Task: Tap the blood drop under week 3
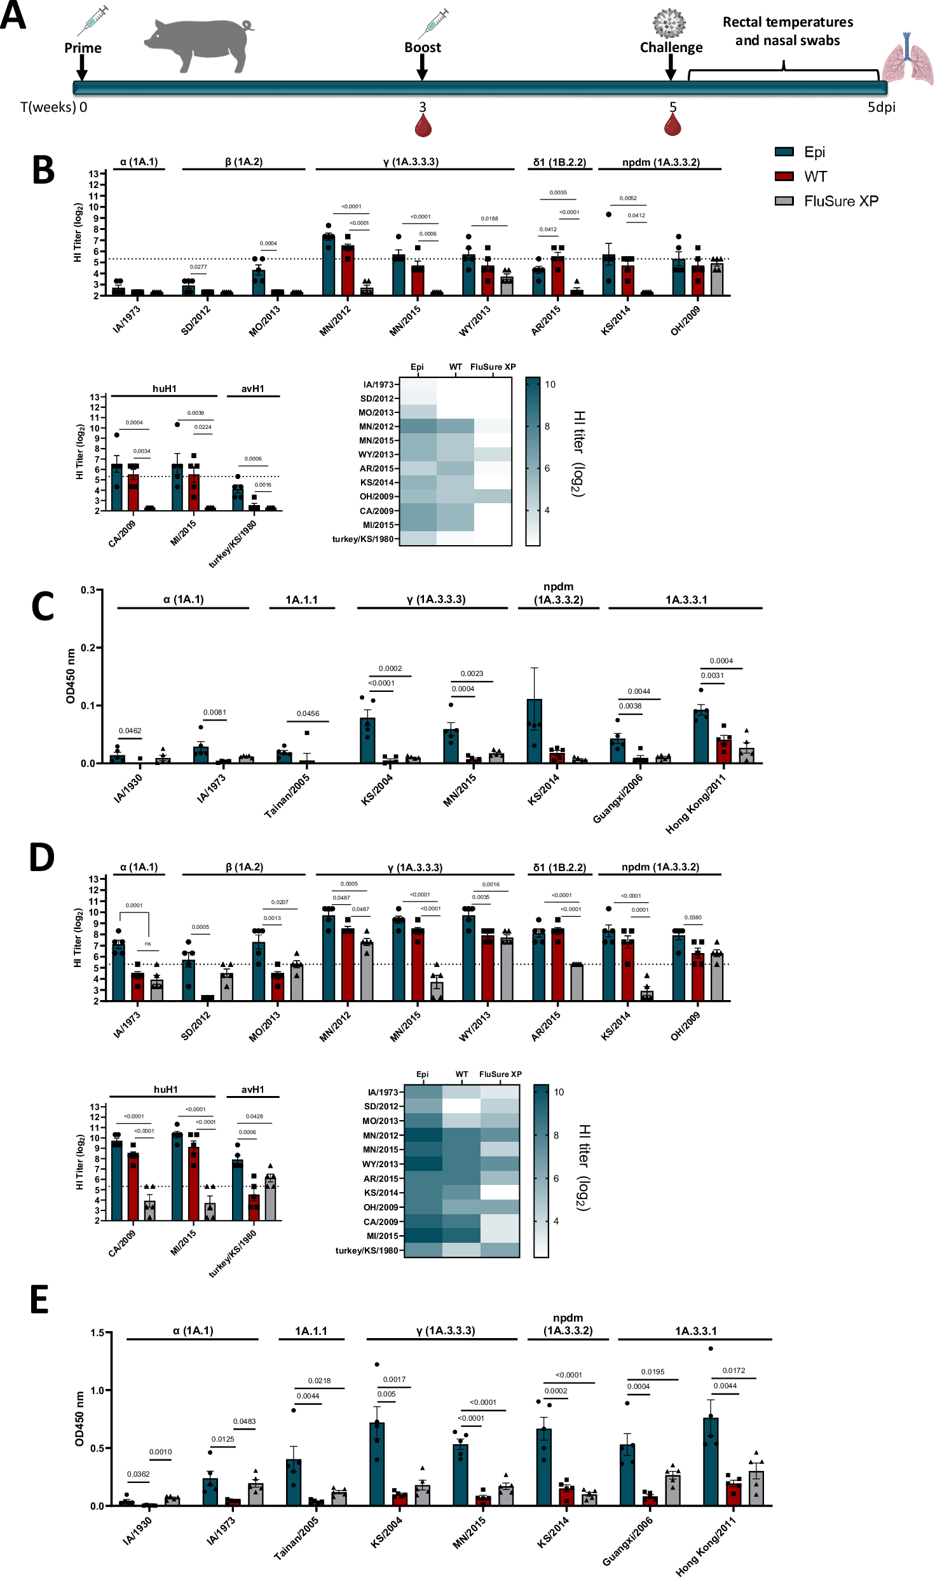pyautogui.click(x=423, y=126)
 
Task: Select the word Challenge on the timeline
pyautogui.click(x=671, y=48)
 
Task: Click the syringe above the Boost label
pyautogui.click(x=433, y=24)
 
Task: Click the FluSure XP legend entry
pyautogui.click(x=840, y=201)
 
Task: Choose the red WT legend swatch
pyautogui.click(x=784, y=177)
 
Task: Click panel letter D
pyautogui.click(x=42, y=858)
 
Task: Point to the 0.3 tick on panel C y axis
pyautogui.click(x=88, y=590)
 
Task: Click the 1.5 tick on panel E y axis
pyautogui.click(x=97, y=1333)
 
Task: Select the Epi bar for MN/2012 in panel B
pyautogui.click(x=329, y=266)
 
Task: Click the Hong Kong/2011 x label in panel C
pyautogui.click(x=695, y=804)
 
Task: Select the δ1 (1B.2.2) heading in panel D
pyautogui.click(x=559, y=867)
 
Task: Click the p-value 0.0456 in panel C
pyautogui.click(x=308, y=714)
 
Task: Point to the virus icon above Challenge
pyautogui.click(x=669, y=24)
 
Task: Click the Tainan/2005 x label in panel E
pyautogui.click(x=296, y=1538)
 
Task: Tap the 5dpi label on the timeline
pyautogui.click(x=881, y=107)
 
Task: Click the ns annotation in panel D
pyautogui.click(x=147, y=944)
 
